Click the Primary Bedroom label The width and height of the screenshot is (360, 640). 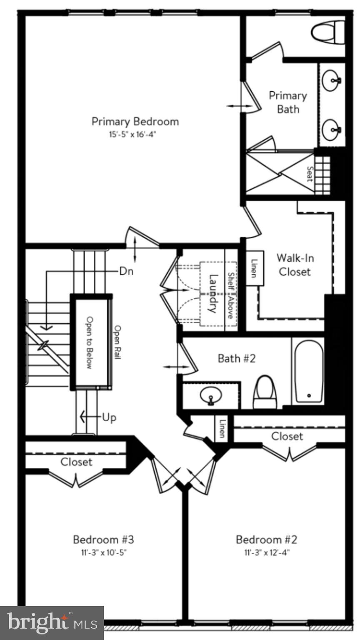(135, 122)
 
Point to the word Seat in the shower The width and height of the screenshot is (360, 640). (310, 174)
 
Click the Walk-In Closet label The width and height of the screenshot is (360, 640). (295, 265)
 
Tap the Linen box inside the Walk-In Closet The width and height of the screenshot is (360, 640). (254, 268)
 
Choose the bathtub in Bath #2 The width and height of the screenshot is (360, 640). (308, 370)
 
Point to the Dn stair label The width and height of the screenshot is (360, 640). (126, 271)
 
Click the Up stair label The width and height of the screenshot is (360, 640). (109, 417)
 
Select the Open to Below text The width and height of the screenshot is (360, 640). (89, 342)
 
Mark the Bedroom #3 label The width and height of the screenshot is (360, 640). (103, 540)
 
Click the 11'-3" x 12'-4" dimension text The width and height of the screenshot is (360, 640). (267, 553)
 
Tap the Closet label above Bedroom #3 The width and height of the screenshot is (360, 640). (76, 462)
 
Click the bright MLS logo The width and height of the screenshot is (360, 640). (52, 623)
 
